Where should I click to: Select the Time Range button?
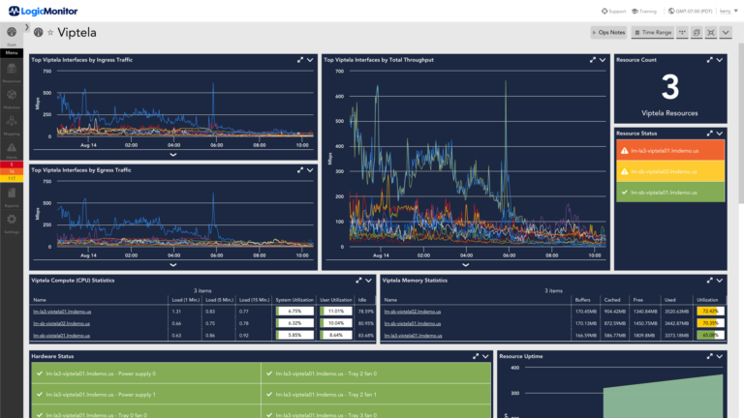tap(652, 33)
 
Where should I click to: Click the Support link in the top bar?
tap(612, 11)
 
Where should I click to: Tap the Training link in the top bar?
tap(644, 11)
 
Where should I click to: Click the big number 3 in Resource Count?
tap(669, 89)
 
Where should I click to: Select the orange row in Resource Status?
tap(670, 151)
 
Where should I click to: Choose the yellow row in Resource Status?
tap(670, 171)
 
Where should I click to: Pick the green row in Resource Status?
tap(670, 192)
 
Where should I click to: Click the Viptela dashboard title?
tap(77, 33)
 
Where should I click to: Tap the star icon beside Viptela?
tap(50, 33)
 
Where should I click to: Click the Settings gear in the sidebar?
tap(12, 221)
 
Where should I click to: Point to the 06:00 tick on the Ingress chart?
tap(216, 145)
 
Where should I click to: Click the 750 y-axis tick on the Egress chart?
tap(43, 190)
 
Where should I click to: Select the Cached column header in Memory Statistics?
tap(613, 301)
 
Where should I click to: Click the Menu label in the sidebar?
tap(12, 52)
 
